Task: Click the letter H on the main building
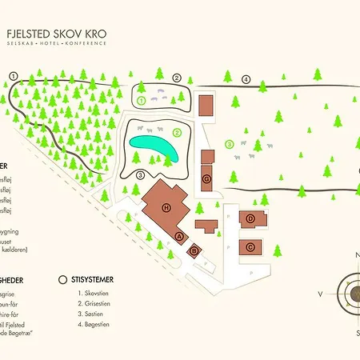[166, 207]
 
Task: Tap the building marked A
[179, 236]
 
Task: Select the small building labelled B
[194, 250]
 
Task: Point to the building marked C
[250, 247]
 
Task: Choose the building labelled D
[250, 218]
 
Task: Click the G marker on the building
[207, 178]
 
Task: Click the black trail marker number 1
[13, 74]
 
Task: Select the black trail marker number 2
[177, 78]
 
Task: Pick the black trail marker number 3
[140, 175]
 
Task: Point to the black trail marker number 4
[246, 78]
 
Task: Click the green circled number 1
[142, 101]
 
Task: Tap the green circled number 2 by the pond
[178, 132]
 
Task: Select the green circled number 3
[229, 144]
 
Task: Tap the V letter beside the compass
[320, 294]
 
